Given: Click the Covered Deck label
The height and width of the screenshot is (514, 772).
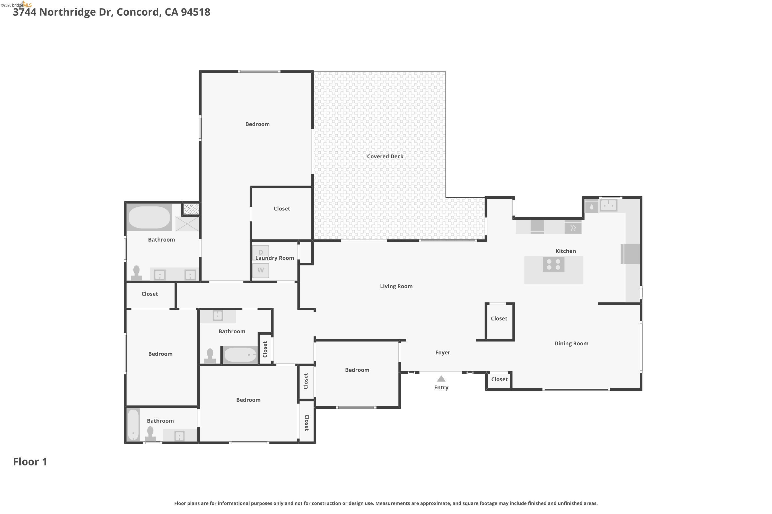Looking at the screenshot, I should click(x=385, y=156).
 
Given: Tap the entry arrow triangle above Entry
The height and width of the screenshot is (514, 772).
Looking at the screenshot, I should click(x=441, y=379).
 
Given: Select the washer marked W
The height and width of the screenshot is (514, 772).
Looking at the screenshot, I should click(x=261, y=270).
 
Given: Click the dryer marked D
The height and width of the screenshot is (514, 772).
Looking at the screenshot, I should click(x=261, y=252).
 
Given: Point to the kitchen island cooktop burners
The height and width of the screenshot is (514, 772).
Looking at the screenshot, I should click(x=554, y=264).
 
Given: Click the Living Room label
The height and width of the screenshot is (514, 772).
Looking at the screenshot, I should click(x=396, y=286).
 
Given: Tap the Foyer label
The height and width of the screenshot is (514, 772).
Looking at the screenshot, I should click(x=442, y=352).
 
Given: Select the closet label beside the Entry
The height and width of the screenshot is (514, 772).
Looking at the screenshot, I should click(x=499, y=379).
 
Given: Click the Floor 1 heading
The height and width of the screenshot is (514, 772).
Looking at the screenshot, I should click(x=30, y=462).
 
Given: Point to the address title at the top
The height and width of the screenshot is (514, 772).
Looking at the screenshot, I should click(x=112, y=12).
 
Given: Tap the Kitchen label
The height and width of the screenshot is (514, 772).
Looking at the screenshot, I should click(x=566, y=251).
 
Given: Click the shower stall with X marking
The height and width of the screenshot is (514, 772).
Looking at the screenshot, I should click(x=187, y=224).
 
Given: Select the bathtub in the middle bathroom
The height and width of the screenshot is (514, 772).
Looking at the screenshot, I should click(x=240, y=355).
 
